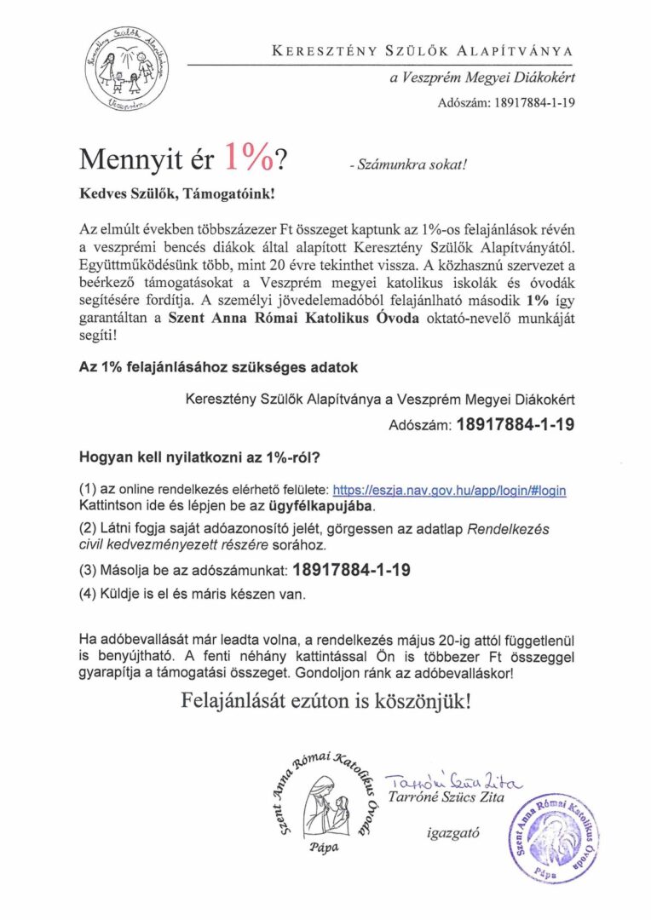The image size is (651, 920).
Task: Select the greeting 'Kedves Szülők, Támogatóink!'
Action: pyautogui.click(x=177, y=194)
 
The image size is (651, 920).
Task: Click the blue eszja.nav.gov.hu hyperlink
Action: pyautogui.click(x=449, y=491)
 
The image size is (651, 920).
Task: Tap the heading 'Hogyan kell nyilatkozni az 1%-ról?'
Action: pyautogui.click(x=199, y=457)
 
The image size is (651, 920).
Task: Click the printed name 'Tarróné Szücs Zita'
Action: pyautogui.click(x=446, y=798)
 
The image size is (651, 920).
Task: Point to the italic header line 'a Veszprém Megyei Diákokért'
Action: pyautogui.click(x=481, y=79)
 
